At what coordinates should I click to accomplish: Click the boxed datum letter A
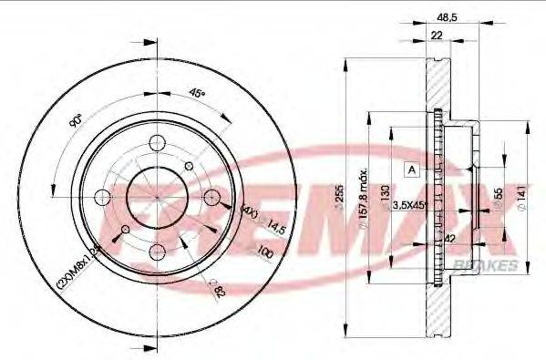pyautogui.click(x=411, y=170)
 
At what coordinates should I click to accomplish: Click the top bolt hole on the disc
pyautogui.click(x=157, y=143)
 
